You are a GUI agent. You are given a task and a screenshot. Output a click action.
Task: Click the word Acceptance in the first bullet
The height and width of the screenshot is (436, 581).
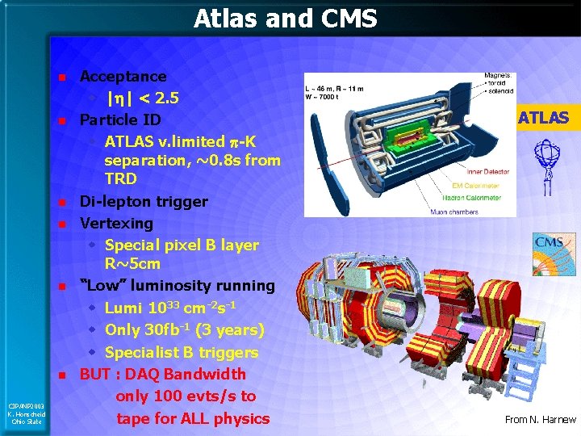coord(123,77)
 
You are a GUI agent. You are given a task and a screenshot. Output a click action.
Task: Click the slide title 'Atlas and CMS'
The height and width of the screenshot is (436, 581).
coord(285,18)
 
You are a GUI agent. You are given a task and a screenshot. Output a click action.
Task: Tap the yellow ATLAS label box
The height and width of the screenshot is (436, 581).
coord(543,118)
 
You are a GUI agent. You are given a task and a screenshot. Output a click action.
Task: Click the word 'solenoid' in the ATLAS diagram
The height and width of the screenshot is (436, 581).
coord(500,87)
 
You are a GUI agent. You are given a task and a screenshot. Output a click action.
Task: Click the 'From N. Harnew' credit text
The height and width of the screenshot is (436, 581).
coord(540,419)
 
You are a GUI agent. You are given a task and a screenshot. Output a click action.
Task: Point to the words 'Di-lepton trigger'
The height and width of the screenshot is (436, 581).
coord(143,201)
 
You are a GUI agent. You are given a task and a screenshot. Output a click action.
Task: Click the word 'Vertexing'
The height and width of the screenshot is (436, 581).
coord(116,223)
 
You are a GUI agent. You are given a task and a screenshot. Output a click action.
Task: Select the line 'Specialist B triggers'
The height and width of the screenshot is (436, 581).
coord(182,352)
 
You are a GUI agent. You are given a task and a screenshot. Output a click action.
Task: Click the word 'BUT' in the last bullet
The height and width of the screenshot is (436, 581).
coord(96,374)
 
